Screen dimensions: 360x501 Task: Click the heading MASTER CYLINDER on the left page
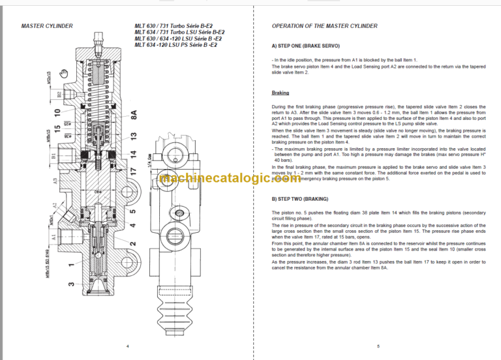(x=46, y=26)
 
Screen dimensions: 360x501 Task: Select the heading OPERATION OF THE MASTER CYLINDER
(x=324, y=26)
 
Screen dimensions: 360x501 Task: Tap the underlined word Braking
(x=281, y=93)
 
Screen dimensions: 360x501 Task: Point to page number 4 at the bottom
(x=127, y=346)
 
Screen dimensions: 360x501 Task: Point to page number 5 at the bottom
(x=378, y=346)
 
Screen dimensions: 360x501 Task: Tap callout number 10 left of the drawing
(x=59, y=112)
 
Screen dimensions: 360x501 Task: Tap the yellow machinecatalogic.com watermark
(x=251, y=177)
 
